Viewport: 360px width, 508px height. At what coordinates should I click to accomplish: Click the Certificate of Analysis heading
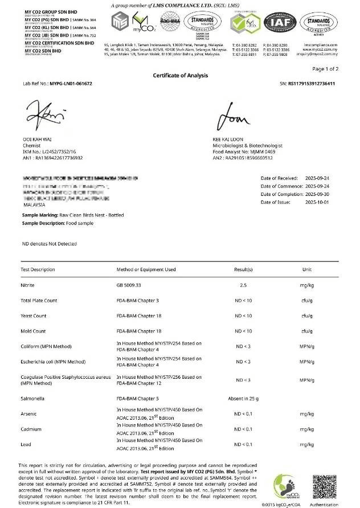pyautogui.click(x=180, y=76)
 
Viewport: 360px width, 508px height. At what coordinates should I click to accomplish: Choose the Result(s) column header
pyautogui.click(x=243, y=269)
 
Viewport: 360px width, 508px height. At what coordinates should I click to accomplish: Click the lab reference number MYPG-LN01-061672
pyautogui.click(x=71, y=84)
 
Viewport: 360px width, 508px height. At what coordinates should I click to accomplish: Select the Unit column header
pyautogui.click(x=307, y=269)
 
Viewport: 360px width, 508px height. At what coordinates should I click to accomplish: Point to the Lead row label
pyautogui.click(x=27, y=444)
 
